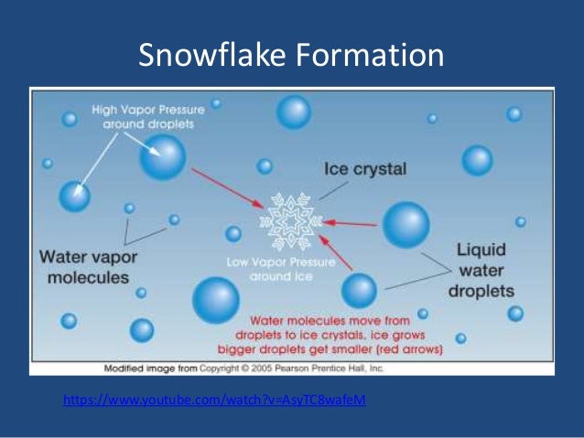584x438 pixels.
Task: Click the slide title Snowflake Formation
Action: click(291, 56)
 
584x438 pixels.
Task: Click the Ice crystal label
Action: click(365, 170)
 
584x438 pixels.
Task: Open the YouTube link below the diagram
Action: click(214, 401)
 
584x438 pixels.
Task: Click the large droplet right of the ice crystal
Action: click(406, 225)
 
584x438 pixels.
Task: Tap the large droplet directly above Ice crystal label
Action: click(294, 112)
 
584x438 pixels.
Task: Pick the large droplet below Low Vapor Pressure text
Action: click(216, 299)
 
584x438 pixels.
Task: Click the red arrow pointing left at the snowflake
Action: click(353, 223)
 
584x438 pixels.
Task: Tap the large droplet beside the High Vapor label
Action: click(162, 157)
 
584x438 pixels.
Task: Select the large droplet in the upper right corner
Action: click(477, 160)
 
